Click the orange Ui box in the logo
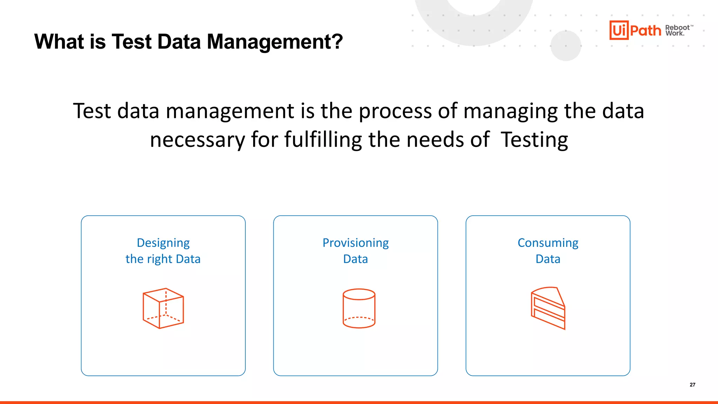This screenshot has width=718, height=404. pyautogui.click(x=619, y=30)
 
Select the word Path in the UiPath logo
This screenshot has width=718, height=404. pyautogui.click(x=645, y=31)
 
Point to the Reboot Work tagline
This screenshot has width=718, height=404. pyautogui.click(x=678, y=31)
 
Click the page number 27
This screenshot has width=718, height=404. pyautogui.click(x=692, y=385)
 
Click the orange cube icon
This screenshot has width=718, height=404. pyautogui.click(x=163, y=308)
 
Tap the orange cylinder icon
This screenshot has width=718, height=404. pyautogui.click(x=359, y=308)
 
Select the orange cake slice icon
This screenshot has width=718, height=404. pyautogui.click(x=548, y=308)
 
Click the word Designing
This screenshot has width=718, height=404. pyautogui.click(x=163, y=243)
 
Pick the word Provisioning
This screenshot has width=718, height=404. pyautogui.click(x=355, y=243)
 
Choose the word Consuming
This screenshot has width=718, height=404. pyautogui.click(x=548, y=243)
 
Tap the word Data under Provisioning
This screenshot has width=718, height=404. pyautogui.click(x=355, y=259)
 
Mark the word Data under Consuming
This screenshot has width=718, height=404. pyautogui.click(x=548, y=259)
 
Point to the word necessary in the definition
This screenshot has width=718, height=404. pyautogui.click(x=197, y=140)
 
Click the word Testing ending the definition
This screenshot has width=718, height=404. pyautogui.click(x=534, y=140)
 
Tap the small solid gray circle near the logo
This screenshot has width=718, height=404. pyautogui.click(x=566, y=46)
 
